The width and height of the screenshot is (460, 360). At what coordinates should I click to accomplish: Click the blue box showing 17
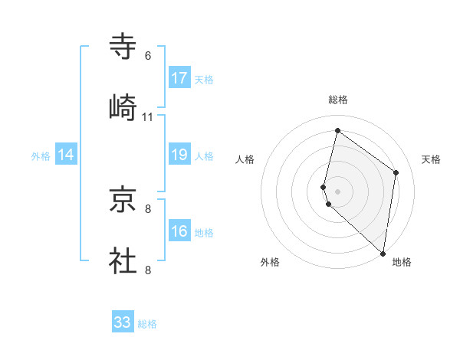pyautogui.click(x=179, y=78)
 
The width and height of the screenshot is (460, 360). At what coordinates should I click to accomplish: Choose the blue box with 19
pyautogui.click(x=179, y=155)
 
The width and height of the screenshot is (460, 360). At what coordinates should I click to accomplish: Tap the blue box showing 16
pyautogui.click(x=179, y=231)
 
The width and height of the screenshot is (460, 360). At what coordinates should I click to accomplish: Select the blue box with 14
pyautogui.click(x=66, y=155)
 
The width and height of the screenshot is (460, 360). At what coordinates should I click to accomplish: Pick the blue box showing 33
pyautogui.click(x=123, y=322)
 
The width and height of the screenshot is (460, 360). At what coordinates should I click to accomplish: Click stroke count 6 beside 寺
pyautogui.click(x=148, y=56)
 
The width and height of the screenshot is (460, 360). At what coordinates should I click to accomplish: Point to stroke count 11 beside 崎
pyautogui.click(x=148, y=117)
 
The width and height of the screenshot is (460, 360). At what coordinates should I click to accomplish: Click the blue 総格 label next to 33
pyautogui.click(x=147, y=324)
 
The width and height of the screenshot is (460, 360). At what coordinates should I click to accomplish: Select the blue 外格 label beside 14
pyautogui.click(x=41, y=156)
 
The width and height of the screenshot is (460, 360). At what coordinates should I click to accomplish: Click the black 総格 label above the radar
pyautogui.click(x=337, y=100)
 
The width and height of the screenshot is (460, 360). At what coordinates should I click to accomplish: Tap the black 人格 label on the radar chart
pyautogui.click(x=245, y=159)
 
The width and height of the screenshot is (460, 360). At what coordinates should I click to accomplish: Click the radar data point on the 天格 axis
pyautogui.click(x=396, y=172)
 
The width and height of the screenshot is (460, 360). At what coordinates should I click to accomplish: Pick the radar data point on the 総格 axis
pyautogui.click(x=337, y=131)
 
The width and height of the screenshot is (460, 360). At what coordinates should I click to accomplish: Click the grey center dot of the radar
pyautogui.click(x=337, y=191)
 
